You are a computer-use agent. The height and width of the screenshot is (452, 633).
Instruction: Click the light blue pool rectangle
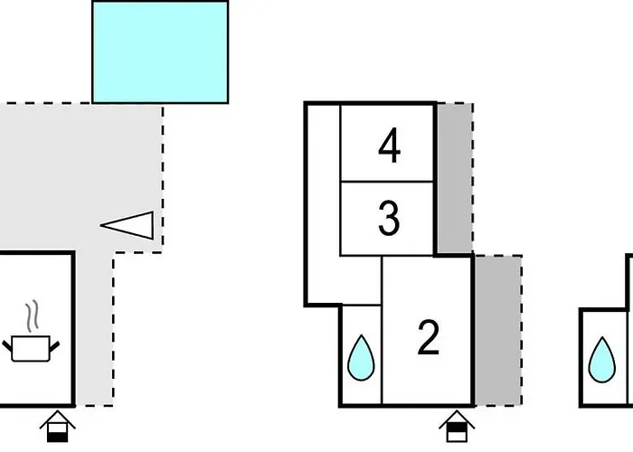[x=160, y=52]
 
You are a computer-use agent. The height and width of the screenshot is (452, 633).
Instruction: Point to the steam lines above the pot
[x=33, y=316]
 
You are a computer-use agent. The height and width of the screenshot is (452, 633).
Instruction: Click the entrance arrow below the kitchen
[x=58, y=425]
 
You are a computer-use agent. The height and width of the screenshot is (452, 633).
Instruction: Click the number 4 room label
[x=389, y=146]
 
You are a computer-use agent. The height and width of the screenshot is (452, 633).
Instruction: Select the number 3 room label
[x=389, y=219]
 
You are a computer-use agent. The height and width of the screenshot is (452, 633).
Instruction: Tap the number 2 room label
[x=428, y=337]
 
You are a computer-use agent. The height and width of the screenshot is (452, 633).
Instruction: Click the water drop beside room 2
[x=361, y=359]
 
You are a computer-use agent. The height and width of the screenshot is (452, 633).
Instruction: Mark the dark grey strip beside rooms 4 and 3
[x=454, y=176]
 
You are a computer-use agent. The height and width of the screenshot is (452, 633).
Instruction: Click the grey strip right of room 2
[x=498, y=330]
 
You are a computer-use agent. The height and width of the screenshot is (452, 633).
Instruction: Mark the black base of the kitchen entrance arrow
[x=58, y=434]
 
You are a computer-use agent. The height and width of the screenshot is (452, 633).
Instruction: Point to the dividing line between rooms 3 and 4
[x=389, y=182]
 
